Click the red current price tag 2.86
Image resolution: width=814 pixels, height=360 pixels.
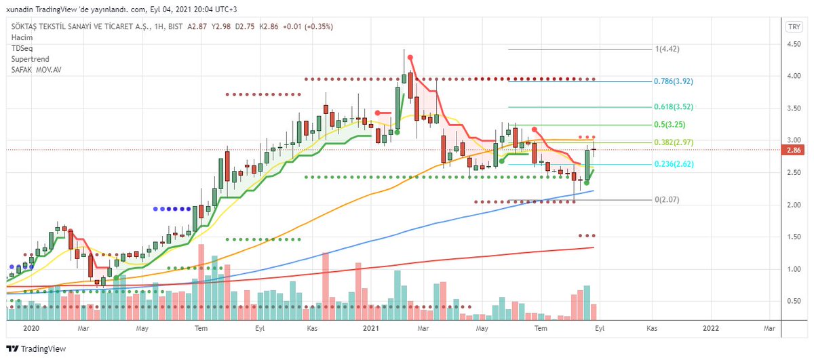[x=793, y=150]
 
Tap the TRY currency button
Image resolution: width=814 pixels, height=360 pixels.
[x=792, y=27]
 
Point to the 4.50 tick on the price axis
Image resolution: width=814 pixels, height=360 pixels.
[x=793, y=44]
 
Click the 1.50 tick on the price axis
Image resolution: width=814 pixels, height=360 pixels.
[x=793, y=237]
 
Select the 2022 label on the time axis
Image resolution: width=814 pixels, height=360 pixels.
[x=711, y=328]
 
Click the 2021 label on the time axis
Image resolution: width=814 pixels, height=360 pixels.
[x=370, y=328]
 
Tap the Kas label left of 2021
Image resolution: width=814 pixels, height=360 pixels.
[x=313, y=328]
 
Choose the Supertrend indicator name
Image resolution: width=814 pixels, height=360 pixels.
[x=29, y=59]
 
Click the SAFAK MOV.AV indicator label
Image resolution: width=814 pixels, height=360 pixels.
[x=35, y=70]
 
